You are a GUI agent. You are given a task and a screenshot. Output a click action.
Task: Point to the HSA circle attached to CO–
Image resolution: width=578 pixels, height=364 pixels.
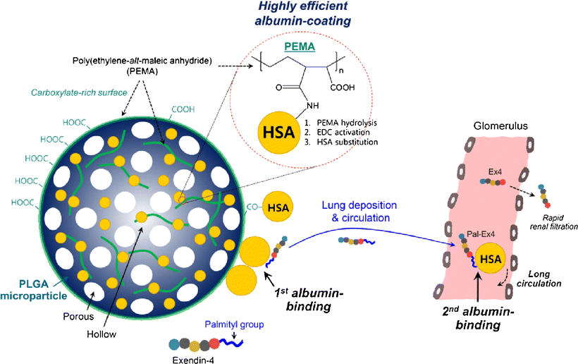coord(280,208)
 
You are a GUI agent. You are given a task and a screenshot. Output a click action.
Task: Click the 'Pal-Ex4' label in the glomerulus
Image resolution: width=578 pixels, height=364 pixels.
coord(479,233)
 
